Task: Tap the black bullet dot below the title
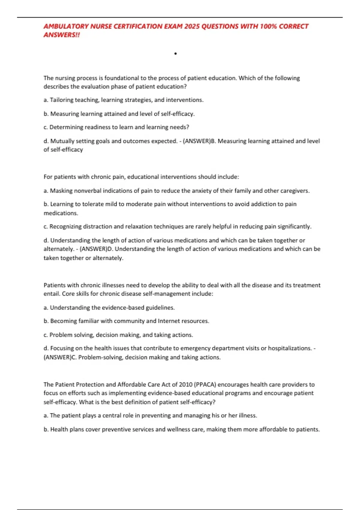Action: tap(175, 54)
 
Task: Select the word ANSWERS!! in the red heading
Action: tap(62, 35)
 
